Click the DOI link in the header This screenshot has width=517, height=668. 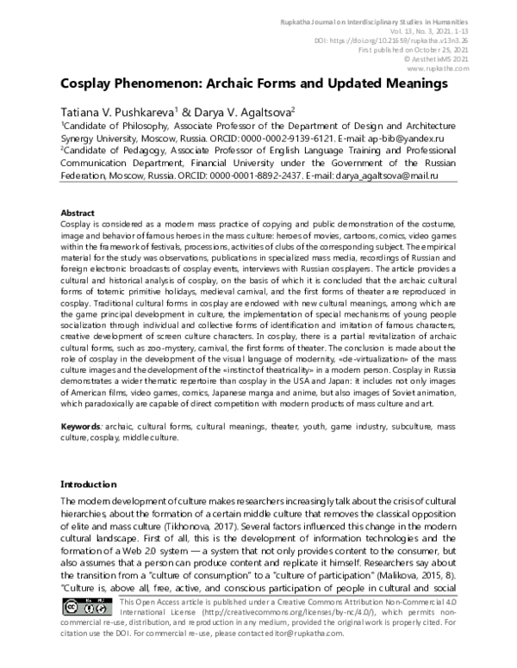click(x=414, y=40)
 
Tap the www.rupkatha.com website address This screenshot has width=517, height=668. click(x=442, y=71)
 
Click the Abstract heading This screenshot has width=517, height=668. click(x=78, y=213)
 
